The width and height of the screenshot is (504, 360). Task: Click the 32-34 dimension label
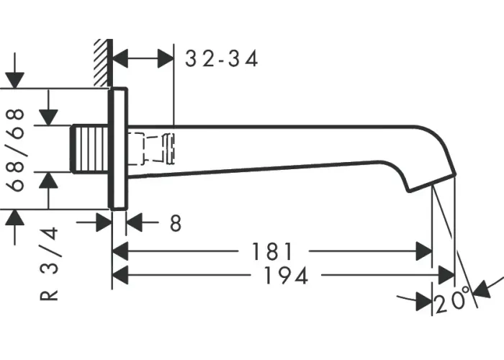pyautogui.click(x=222, y=59)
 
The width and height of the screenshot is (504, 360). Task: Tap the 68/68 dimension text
pyautogui.click(x=15, y=150)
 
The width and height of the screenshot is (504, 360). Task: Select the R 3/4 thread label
pyautogui.click(x=49, y=264)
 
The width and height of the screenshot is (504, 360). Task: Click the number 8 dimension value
pyautogui.click(x=176, y=223)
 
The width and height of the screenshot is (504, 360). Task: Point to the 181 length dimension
pyautogui.click(x=272, y=251)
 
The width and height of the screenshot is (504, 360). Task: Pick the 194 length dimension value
pyautogui.click(x=286, y=276)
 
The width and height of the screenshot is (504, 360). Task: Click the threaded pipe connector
pyautogui.click(x=89, y=149)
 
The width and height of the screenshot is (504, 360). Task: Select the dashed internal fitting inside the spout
pyautogui.click(x=151, y=148)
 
